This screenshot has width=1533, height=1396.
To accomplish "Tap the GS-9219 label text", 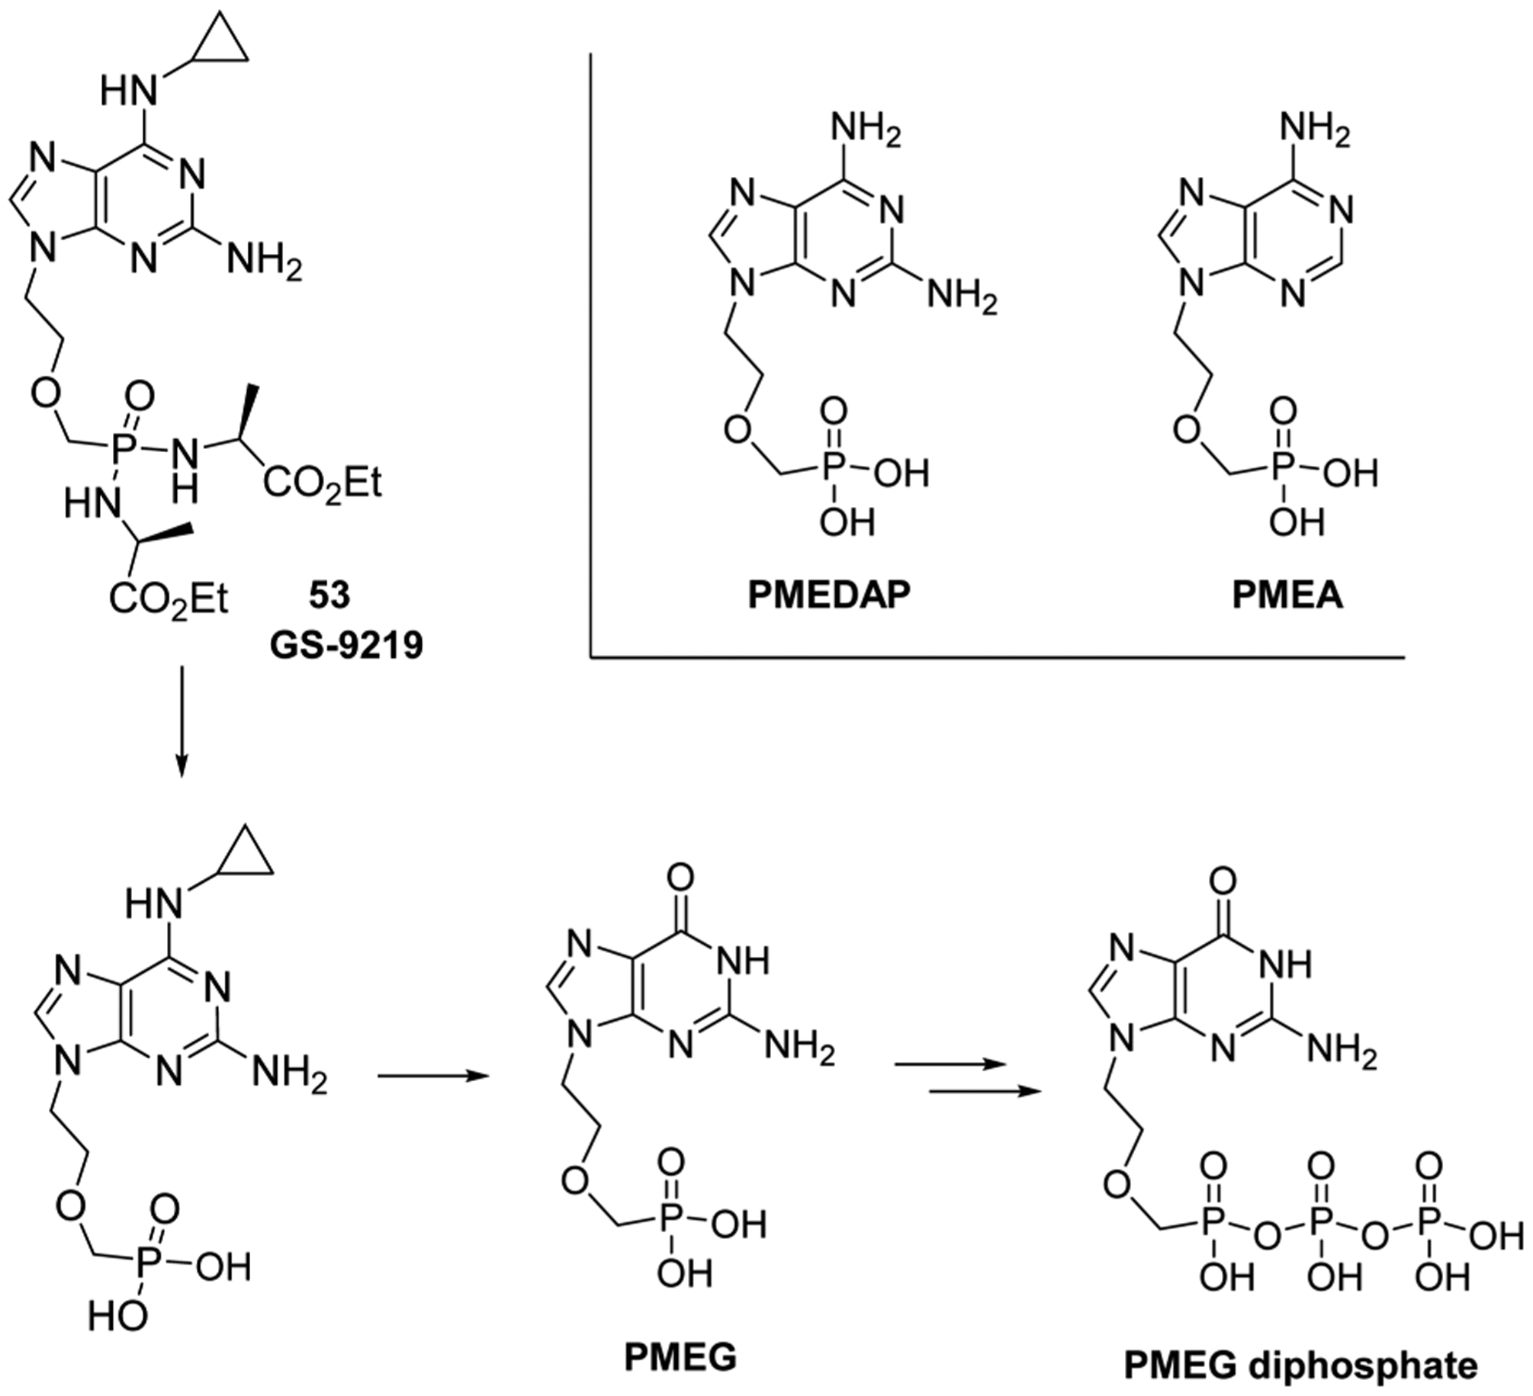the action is click(x=345, y=646).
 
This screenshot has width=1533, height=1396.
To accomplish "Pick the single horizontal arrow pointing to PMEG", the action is click(x=432, y=1076).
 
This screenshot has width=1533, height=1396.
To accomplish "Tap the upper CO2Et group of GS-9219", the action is click(x=322, y=483).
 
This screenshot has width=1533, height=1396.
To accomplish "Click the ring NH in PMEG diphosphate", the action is click(x=1290, y=963).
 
